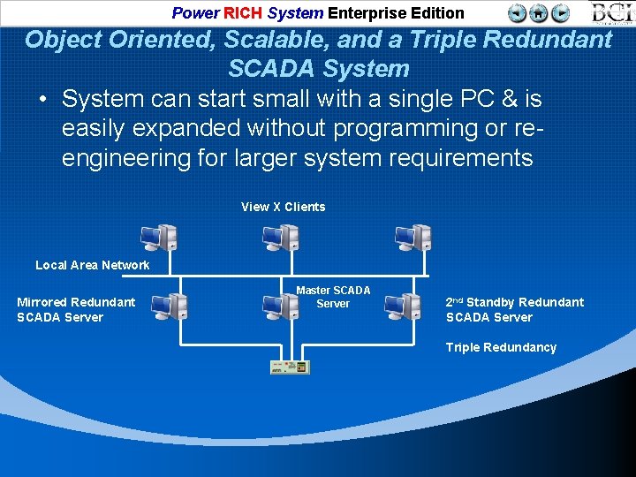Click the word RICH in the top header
point(243,13)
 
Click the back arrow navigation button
point(518,12)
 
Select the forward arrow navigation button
point(560,12)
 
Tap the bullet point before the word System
point(42,99)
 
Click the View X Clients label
point(283,207)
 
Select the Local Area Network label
point(92,265)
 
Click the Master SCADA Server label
point(333,297)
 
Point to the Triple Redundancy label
point(501,347)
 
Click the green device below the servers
point(290,367)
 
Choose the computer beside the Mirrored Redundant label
point(169,306)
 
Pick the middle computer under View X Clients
point(281,237)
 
